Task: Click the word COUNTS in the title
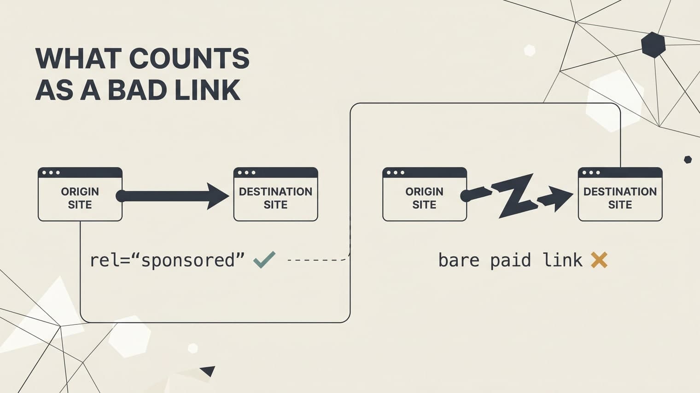[x=189, y=58]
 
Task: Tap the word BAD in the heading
[x=137, y=90]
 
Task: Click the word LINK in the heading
[x=207, y=90]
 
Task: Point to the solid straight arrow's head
[x=217, y=196]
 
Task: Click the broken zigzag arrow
[x=516, y=195]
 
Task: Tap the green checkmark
[x=264, y=260]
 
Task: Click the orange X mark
[x=599, y=260]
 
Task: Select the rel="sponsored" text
[x=167, y=260]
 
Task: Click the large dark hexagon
[x=653, y=45]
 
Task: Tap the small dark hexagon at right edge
[x=688, y=159]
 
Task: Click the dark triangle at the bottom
[x=208, y=370]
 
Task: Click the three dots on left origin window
[x=51, y=173]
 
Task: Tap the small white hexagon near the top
[x=530, y=50]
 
